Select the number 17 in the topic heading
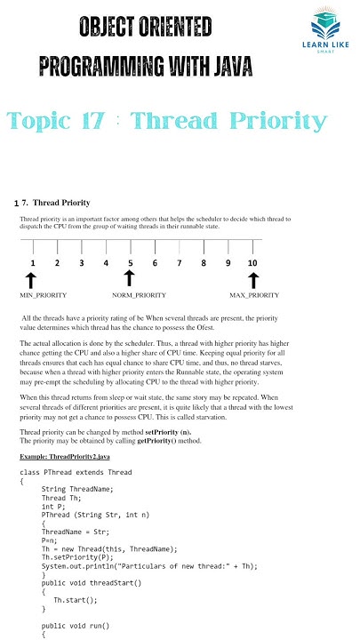point(100,120)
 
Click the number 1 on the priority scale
point(32,263)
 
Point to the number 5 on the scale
point(130,263)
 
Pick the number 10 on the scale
point(252,263)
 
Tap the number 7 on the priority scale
point(179,263)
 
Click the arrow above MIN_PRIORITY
point(32,280)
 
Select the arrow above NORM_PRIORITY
point(130,280)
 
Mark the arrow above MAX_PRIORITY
point(252,280)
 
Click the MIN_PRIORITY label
point(44,294)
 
